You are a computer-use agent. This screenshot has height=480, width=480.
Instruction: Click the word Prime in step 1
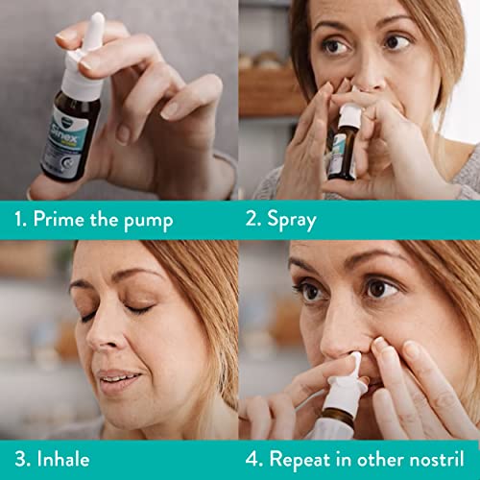(60, 220)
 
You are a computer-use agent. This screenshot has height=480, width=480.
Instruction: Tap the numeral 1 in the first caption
(18, 220)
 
